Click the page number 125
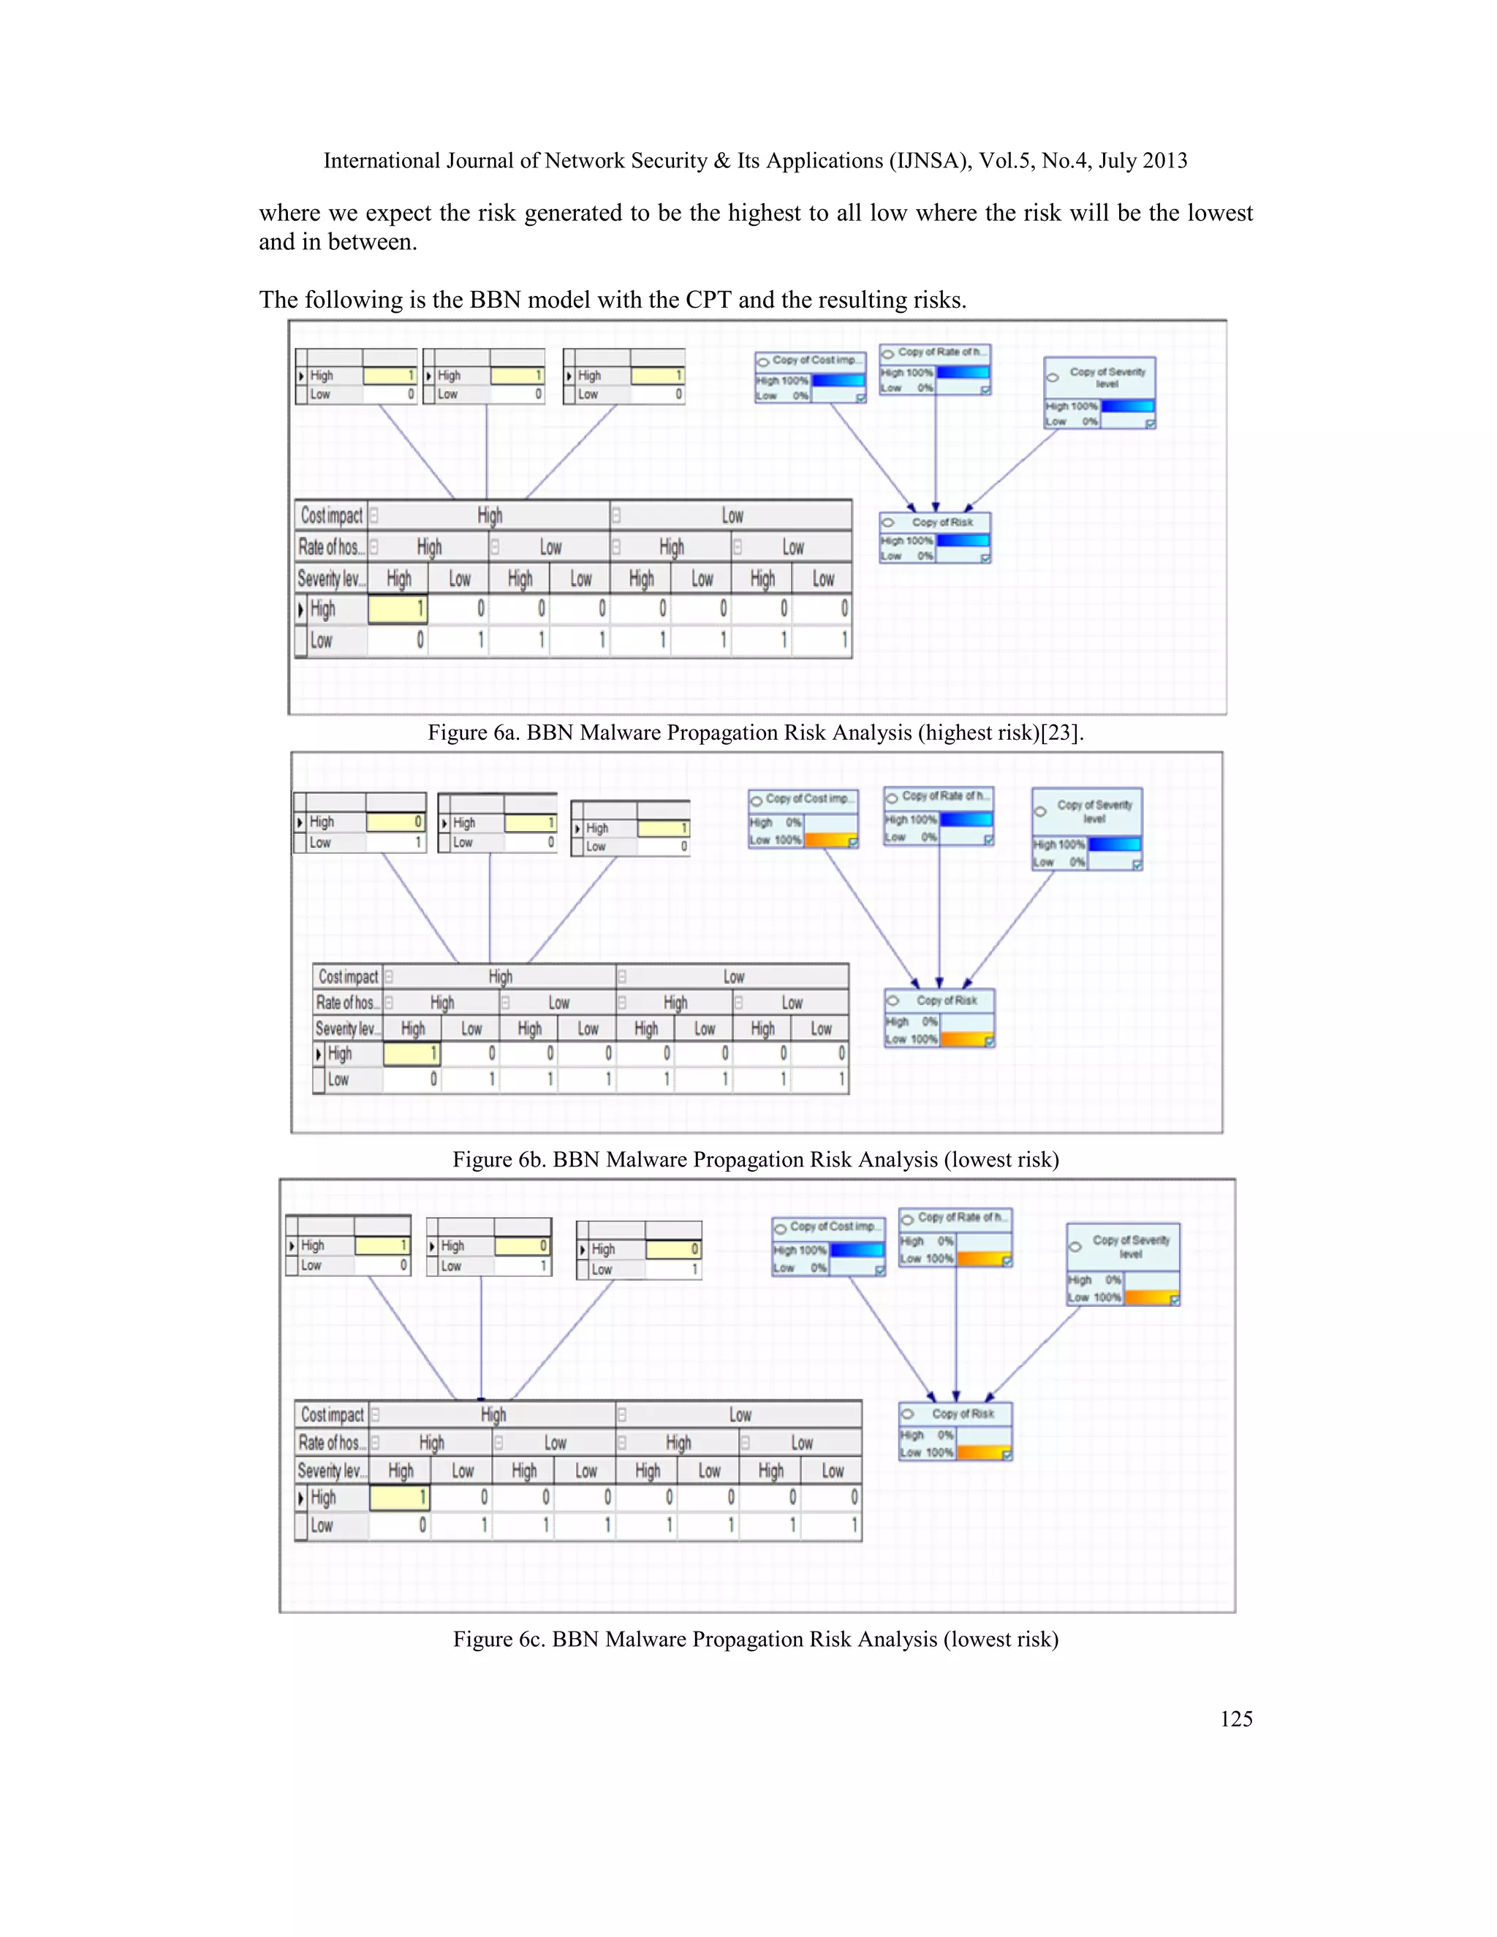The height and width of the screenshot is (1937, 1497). tap(1235, 1719)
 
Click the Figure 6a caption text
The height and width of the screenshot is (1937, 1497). tap(754, 732)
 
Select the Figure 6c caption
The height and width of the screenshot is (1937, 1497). tap(754, 1639)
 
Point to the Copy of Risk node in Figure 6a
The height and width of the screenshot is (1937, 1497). tap(935, 537)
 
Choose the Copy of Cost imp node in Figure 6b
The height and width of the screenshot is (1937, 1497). tap(803, 819)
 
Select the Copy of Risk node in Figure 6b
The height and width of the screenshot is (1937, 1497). tap(939, 1017)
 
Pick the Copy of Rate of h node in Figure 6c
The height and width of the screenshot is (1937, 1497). tap(955, 1237)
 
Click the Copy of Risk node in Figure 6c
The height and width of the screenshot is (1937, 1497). tap(955, 1430)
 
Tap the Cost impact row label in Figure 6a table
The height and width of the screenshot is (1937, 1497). tap(331, 515)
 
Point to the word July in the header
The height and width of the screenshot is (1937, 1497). tap(1118, 161)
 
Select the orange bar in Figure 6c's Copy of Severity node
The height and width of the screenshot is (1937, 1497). tap(1151, 1297)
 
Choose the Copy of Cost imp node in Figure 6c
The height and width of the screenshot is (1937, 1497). tap(828, 1246)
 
